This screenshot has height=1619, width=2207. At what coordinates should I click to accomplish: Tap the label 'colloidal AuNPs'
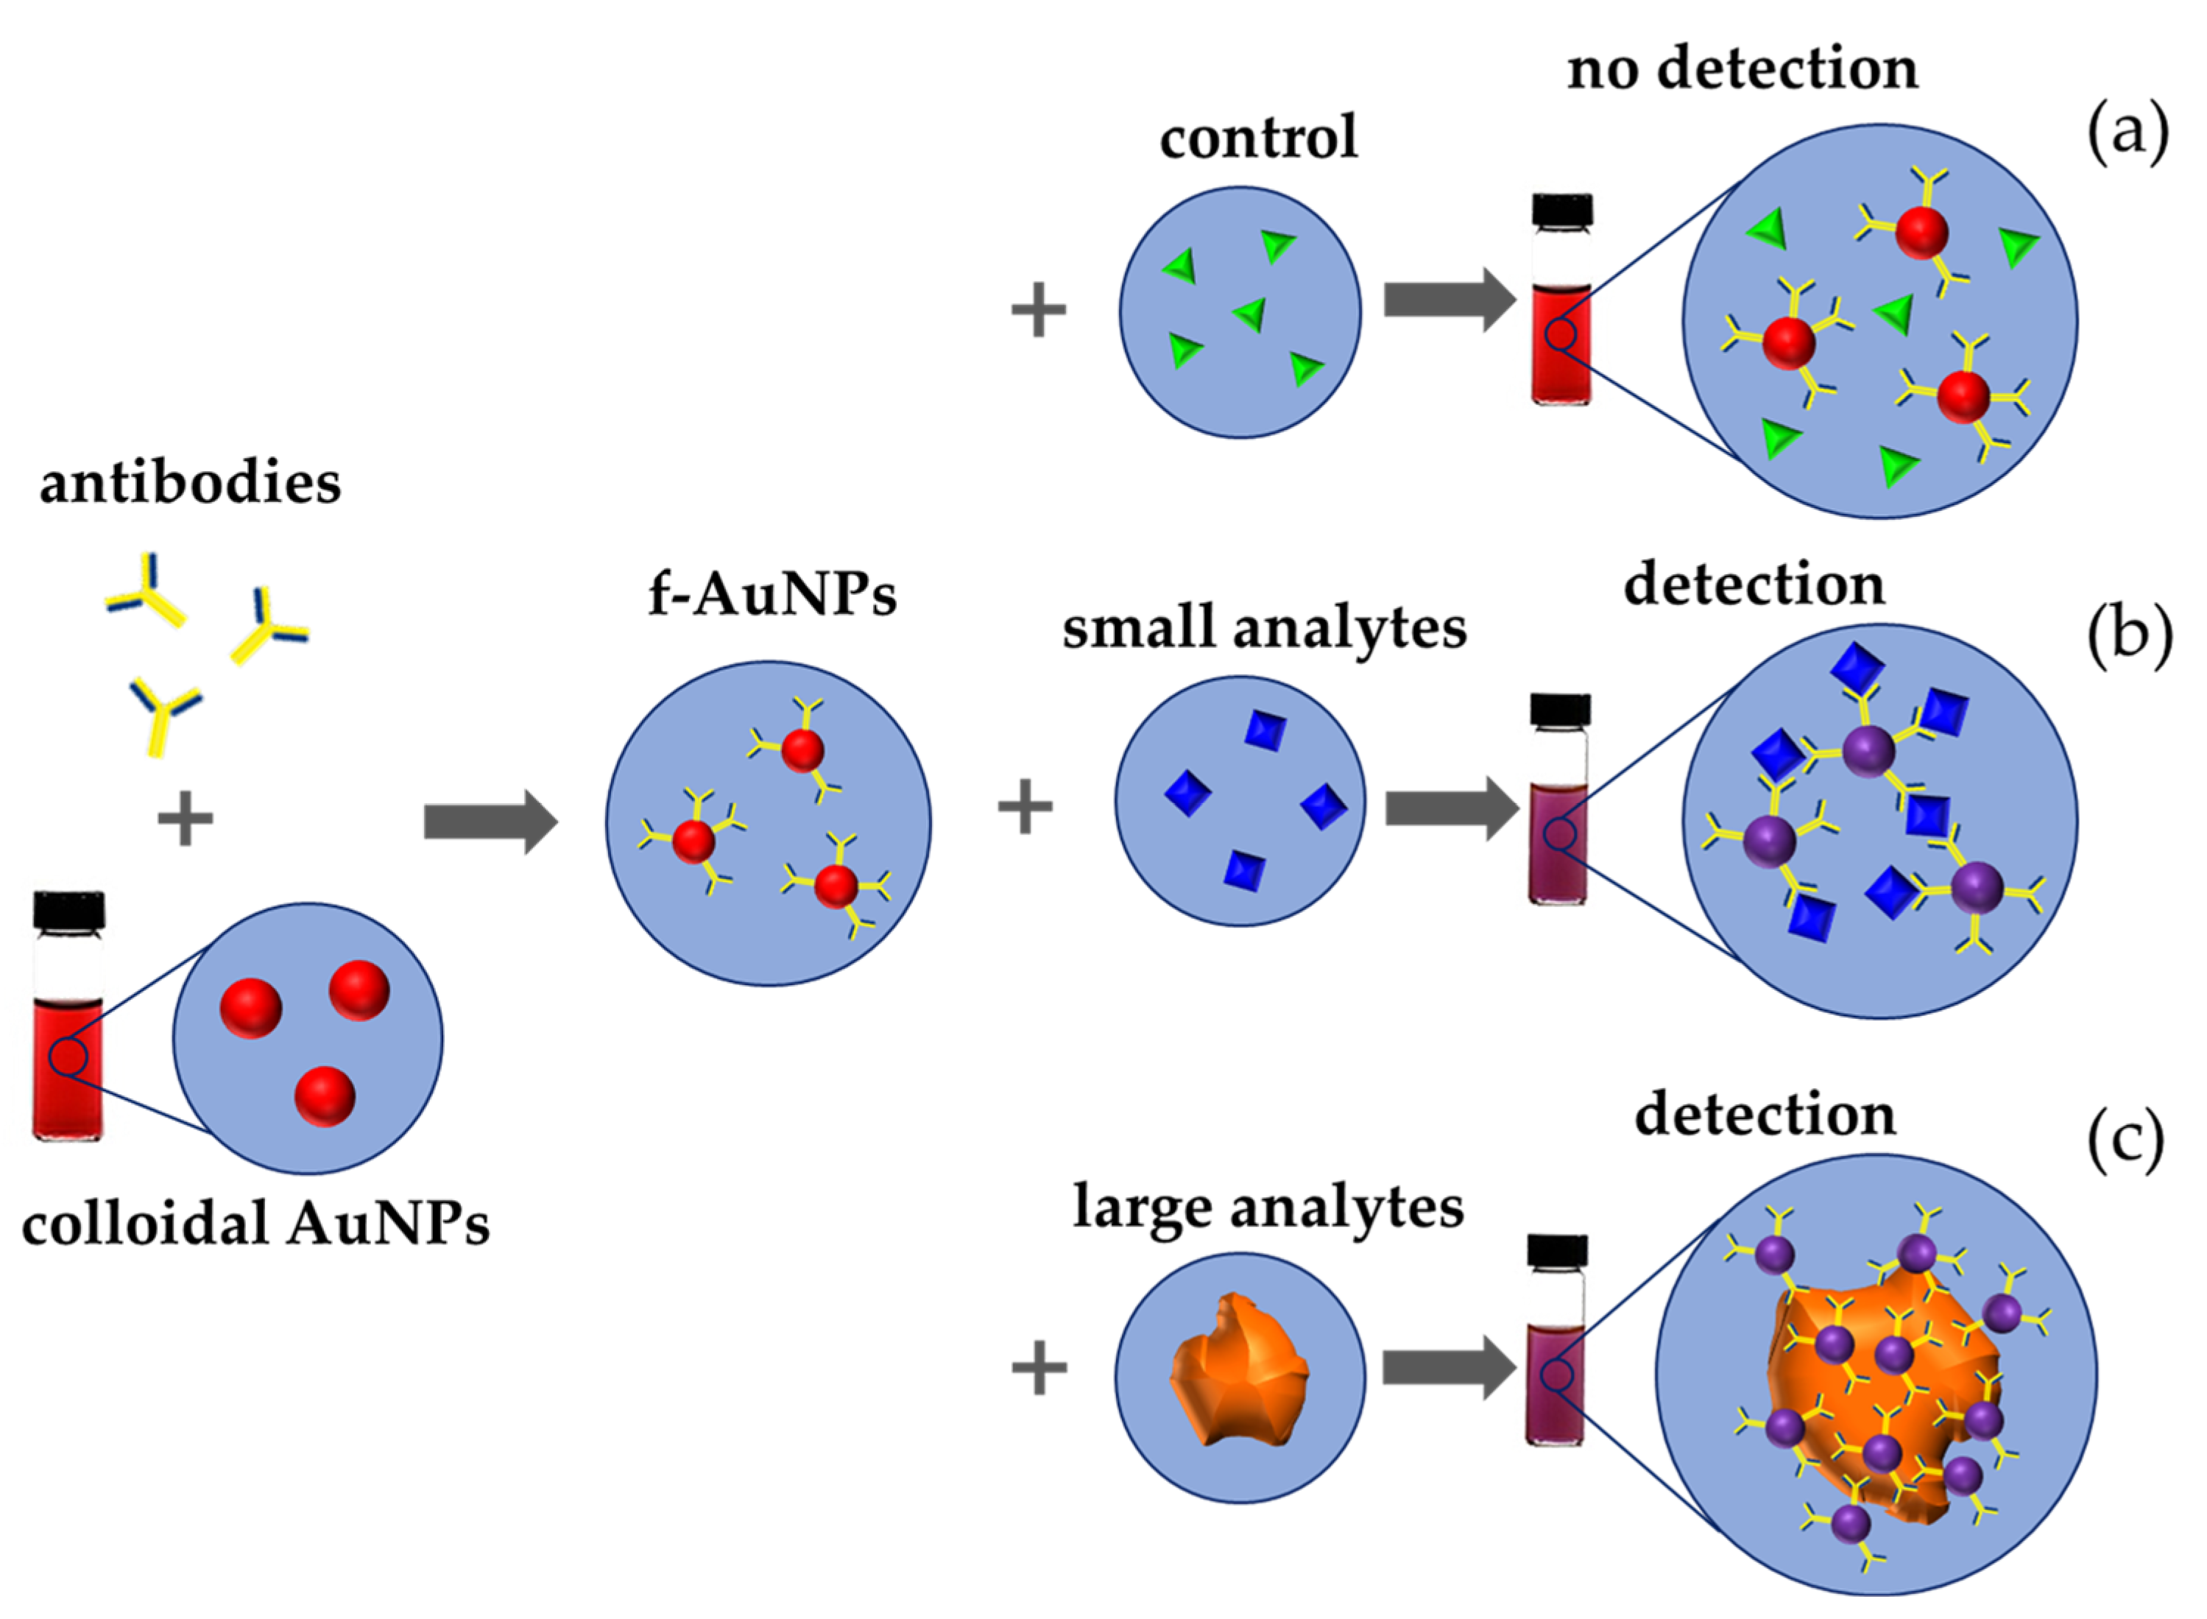[x=255, y=1224]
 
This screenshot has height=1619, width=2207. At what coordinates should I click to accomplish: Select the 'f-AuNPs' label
[x=772, y=594]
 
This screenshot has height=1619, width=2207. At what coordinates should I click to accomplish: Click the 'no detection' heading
[x=1742, y=70]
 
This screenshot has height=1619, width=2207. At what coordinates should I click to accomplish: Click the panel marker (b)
[x=2128, y=636]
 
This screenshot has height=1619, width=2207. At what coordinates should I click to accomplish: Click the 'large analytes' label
[x=1268, y=1207]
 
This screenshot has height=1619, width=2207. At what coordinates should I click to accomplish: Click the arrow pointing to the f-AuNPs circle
[x=490, y=821]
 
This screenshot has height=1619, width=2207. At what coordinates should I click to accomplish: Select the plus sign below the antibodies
[x=186, y=819]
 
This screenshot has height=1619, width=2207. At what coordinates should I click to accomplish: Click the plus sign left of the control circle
[x=1038, y=311]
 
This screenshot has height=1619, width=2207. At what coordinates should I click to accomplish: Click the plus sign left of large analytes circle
[x=1038, y=1368]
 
